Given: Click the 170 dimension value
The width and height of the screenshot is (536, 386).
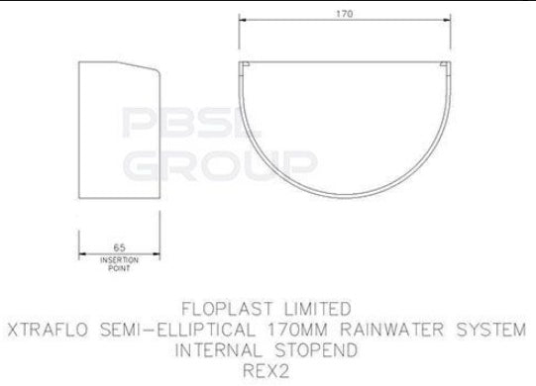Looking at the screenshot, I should click(x=343, y=15).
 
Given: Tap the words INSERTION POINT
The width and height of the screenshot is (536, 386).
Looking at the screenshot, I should click(x=119, y=262).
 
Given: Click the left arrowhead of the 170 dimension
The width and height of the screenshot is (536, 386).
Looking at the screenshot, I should click(x=242, y=23).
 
